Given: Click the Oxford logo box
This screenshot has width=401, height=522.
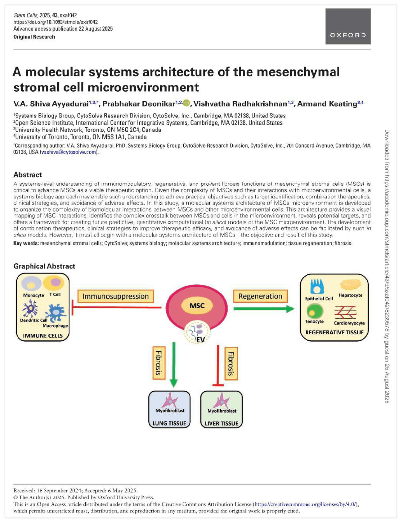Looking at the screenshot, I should [x=348, y=26].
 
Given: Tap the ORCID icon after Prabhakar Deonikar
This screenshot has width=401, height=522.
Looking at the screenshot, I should [x=187, y=103].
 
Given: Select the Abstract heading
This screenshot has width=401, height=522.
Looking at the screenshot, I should [x=28, y=175].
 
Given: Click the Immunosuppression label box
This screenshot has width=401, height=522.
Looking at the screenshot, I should [x=116, y=296].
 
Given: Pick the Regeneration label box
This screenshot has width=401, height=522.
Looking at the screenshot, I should [x=260, y=296].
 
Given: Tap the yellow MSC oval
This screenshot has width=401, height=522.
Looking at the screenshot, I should [x=197, y=305].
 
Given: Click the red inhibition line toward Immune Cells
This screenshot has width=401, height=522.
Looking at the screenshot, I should [x=116, y=307].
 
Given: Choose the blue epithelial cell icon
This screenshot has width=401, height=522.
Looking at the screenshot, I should [x=317, y=287].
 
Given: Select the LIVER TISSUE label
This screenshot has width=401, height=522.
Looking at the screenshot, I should [x=222, y=423].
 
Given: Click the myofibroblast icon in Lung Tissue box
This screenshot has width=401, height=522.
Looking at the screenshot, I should [x=170, y=400].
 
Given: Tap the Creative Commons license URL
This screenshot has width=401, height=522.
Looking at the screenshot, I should [x=305, y=504].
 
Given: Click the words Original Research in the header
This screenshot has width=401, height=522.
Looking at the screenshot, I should [x=34, y=37].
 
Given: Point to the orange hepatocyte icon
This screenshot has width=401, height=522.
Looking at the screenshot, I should [x=351, y=285].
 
